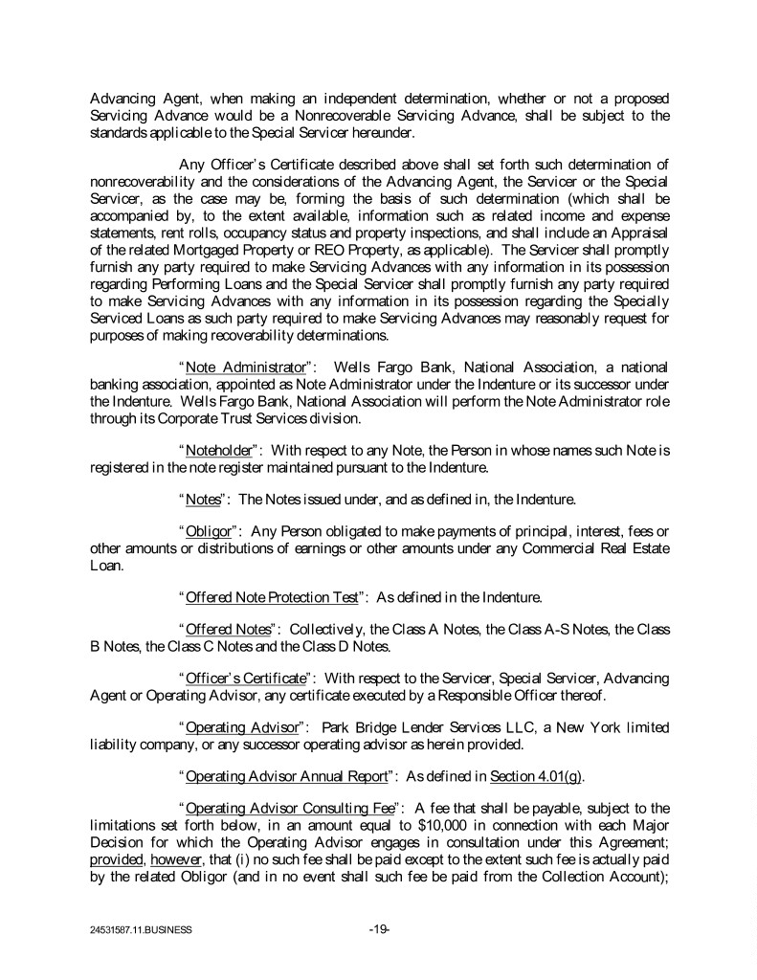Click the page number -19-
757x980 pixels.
[x=379, y=928]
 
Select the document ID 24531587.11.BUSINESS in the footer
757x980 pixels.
[x=137, y=929]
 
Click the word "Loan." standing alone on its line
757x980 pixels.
[x=107, y=565]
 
